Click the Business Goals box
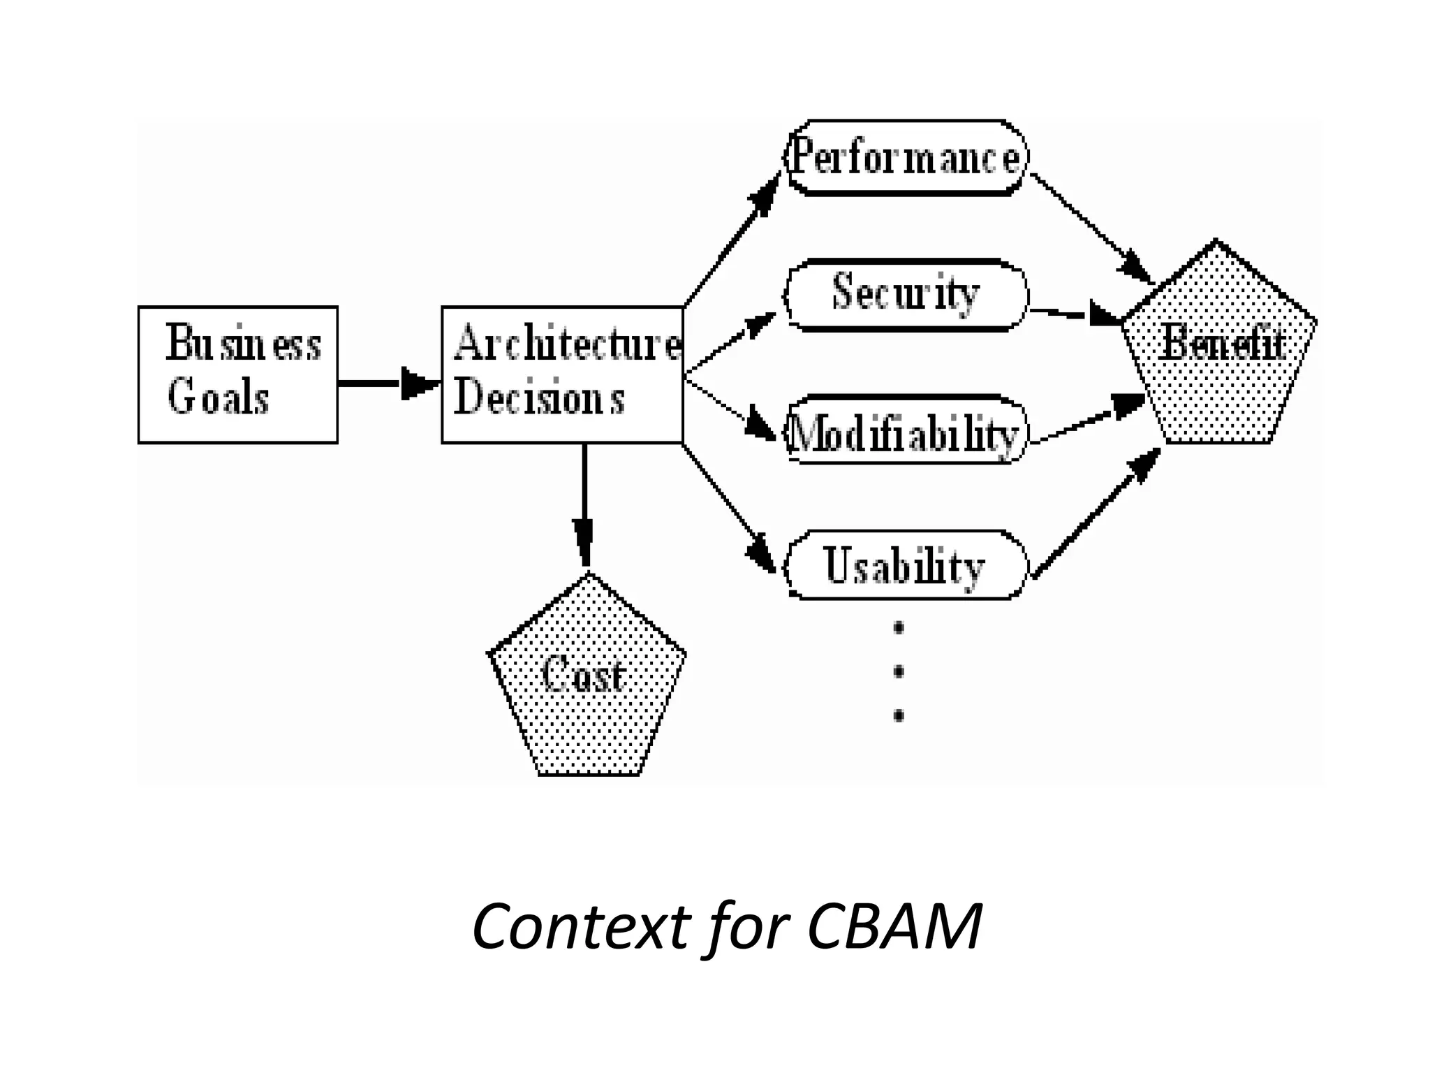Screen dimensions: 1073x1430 237,374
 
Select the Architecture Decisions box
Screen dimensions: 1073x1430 562,374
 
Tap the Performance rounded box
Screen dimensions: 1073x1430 906,158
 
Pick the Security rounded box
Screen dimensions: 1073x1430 906,294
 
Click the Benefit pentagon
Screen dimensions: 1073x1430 1221,349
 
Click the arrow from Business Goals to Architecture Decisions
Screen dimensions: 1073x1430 388,383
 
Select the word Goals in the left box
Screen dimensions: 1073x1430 218,398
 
